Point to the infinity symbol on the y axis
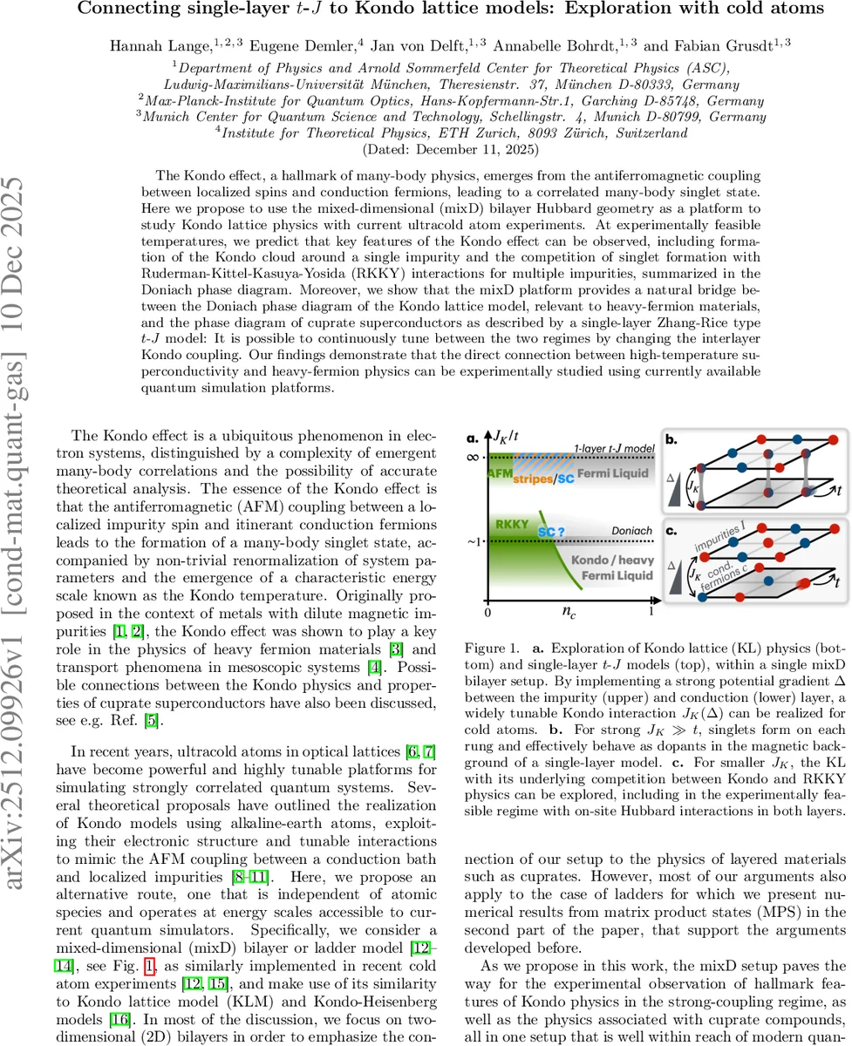(x=474, y=456)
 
